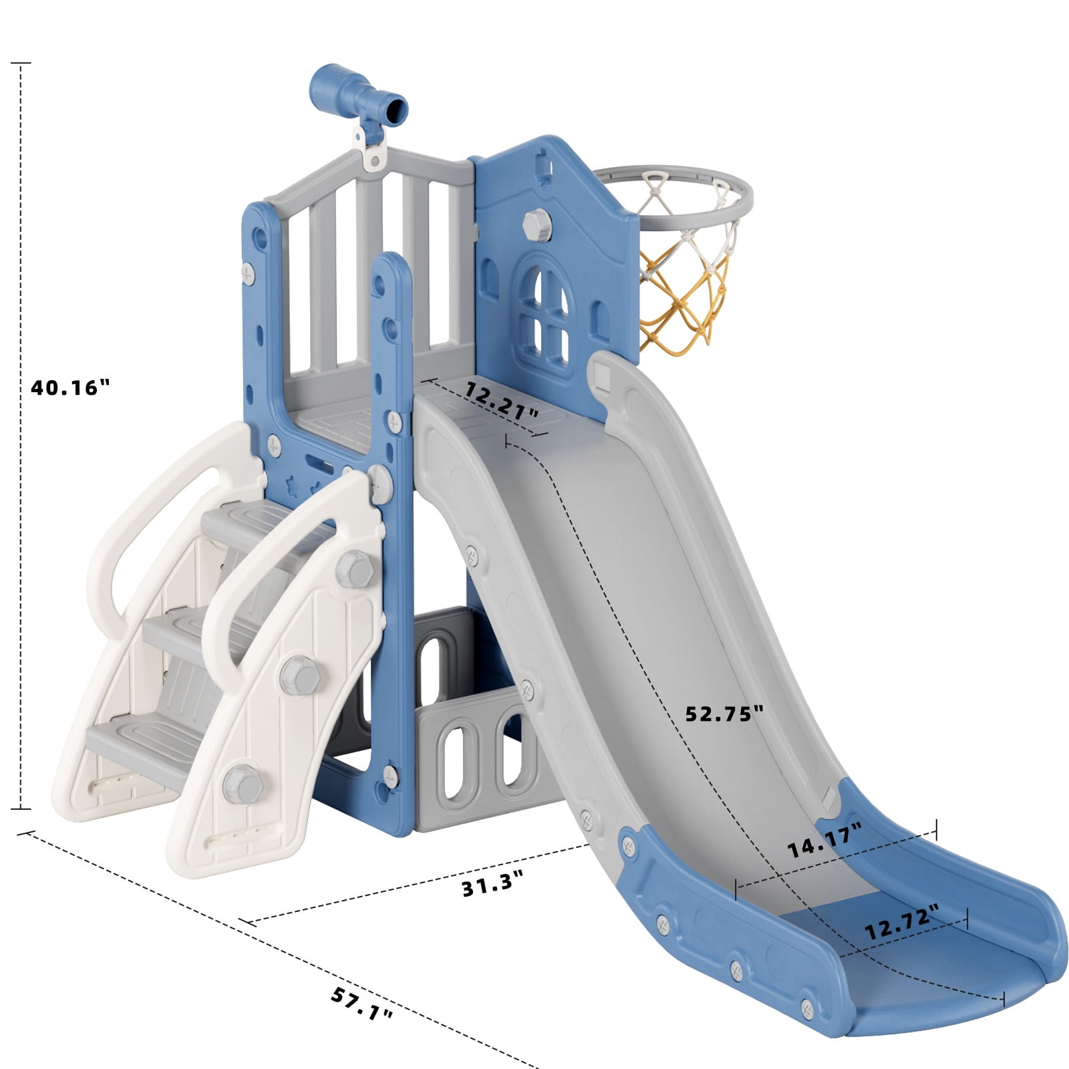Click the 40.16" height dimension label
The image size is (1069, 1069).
pos(69,388)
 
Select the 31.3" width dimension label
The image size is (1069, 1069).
pos(492,885)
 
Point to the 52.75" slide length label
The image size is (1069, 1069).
pos(724,714)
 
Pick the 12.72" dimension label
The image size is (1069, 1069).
pos(902,923)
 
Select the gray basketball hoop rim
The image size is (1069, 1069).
pos(675,190)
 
